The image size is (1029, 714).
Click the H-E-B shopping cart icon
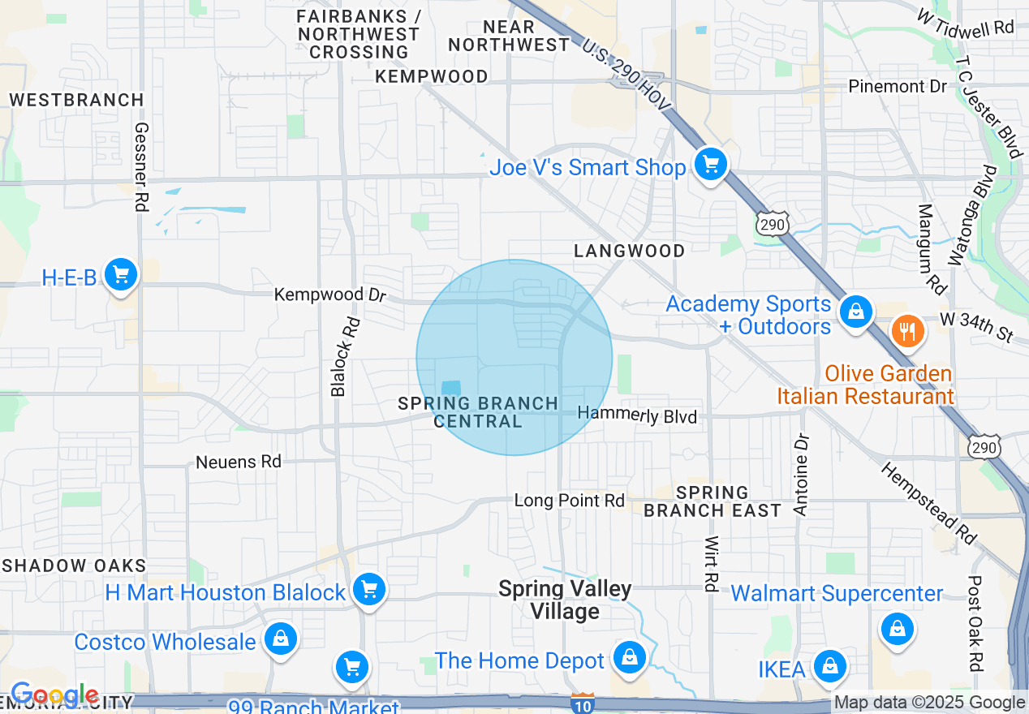121,275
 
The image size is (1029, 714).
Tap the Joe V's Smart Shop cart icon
711,166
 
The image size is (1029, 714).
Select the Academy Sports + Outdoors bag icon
855,311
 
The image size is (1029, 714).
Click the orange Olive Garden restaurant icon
907,331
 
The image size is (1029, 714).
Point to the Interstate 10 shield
583,703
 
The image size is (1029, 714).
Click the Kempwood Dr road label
330,295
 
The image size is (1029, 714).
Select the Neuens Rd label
239,462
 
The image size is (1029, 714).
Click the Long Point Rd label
570,501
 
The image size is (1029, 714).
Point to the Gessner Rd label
142,167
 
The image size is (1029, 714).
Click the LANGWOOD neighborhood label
630,251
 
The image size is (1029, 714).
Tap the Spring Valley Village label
565,600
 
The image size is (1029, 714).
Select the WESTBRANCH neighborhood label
76,100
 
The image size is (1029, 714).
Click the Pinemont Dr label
898,86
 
